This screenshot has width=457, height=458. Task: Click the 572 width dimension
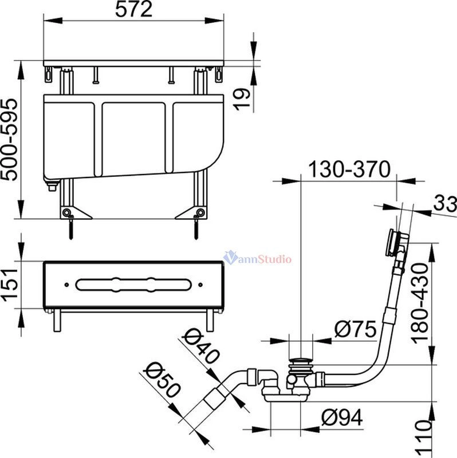click(x=133, y=10)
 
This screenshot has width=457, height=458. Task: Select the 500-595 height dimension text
click(x=9, y=140)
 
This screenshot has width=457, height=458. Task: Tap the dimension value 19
click(x=242, y=99)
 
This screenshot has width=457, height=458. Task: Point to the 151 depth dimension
click(x=10, y=284)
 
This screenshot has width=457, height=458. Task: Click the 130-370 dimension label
click(x=349, y=169)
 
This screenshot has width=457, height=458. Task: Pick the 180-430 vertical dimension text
click(x=420, y=304)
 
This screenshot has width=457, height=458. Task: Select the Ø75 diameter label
click(x=355, y=329)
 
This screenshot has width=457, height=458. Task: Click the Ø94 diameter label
click(x=342, y=417)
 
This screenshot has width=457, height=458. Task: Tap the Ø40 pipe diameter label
click(x=200, y=346)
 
